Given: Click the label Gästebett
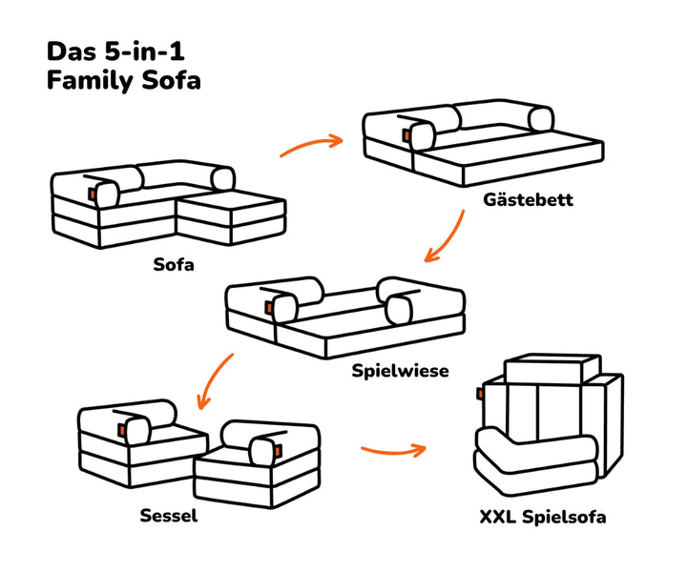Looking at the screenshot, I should (528, 201).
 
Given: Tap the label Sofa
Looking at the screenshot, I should (174, 264).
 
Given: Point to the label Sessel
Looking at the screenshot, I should (169, 517).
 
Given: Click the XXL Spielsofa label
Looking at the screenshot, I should (543, 518).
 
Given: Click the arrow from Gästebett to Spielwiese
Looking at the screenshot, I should (445, 237).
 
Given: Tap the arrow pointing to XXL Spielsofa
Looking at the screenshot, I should (392, 447).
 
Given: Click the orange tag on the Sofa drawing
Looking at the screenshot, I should (92, 194).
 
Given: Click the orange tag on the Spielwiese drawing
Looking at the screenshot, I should (266, 304).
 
